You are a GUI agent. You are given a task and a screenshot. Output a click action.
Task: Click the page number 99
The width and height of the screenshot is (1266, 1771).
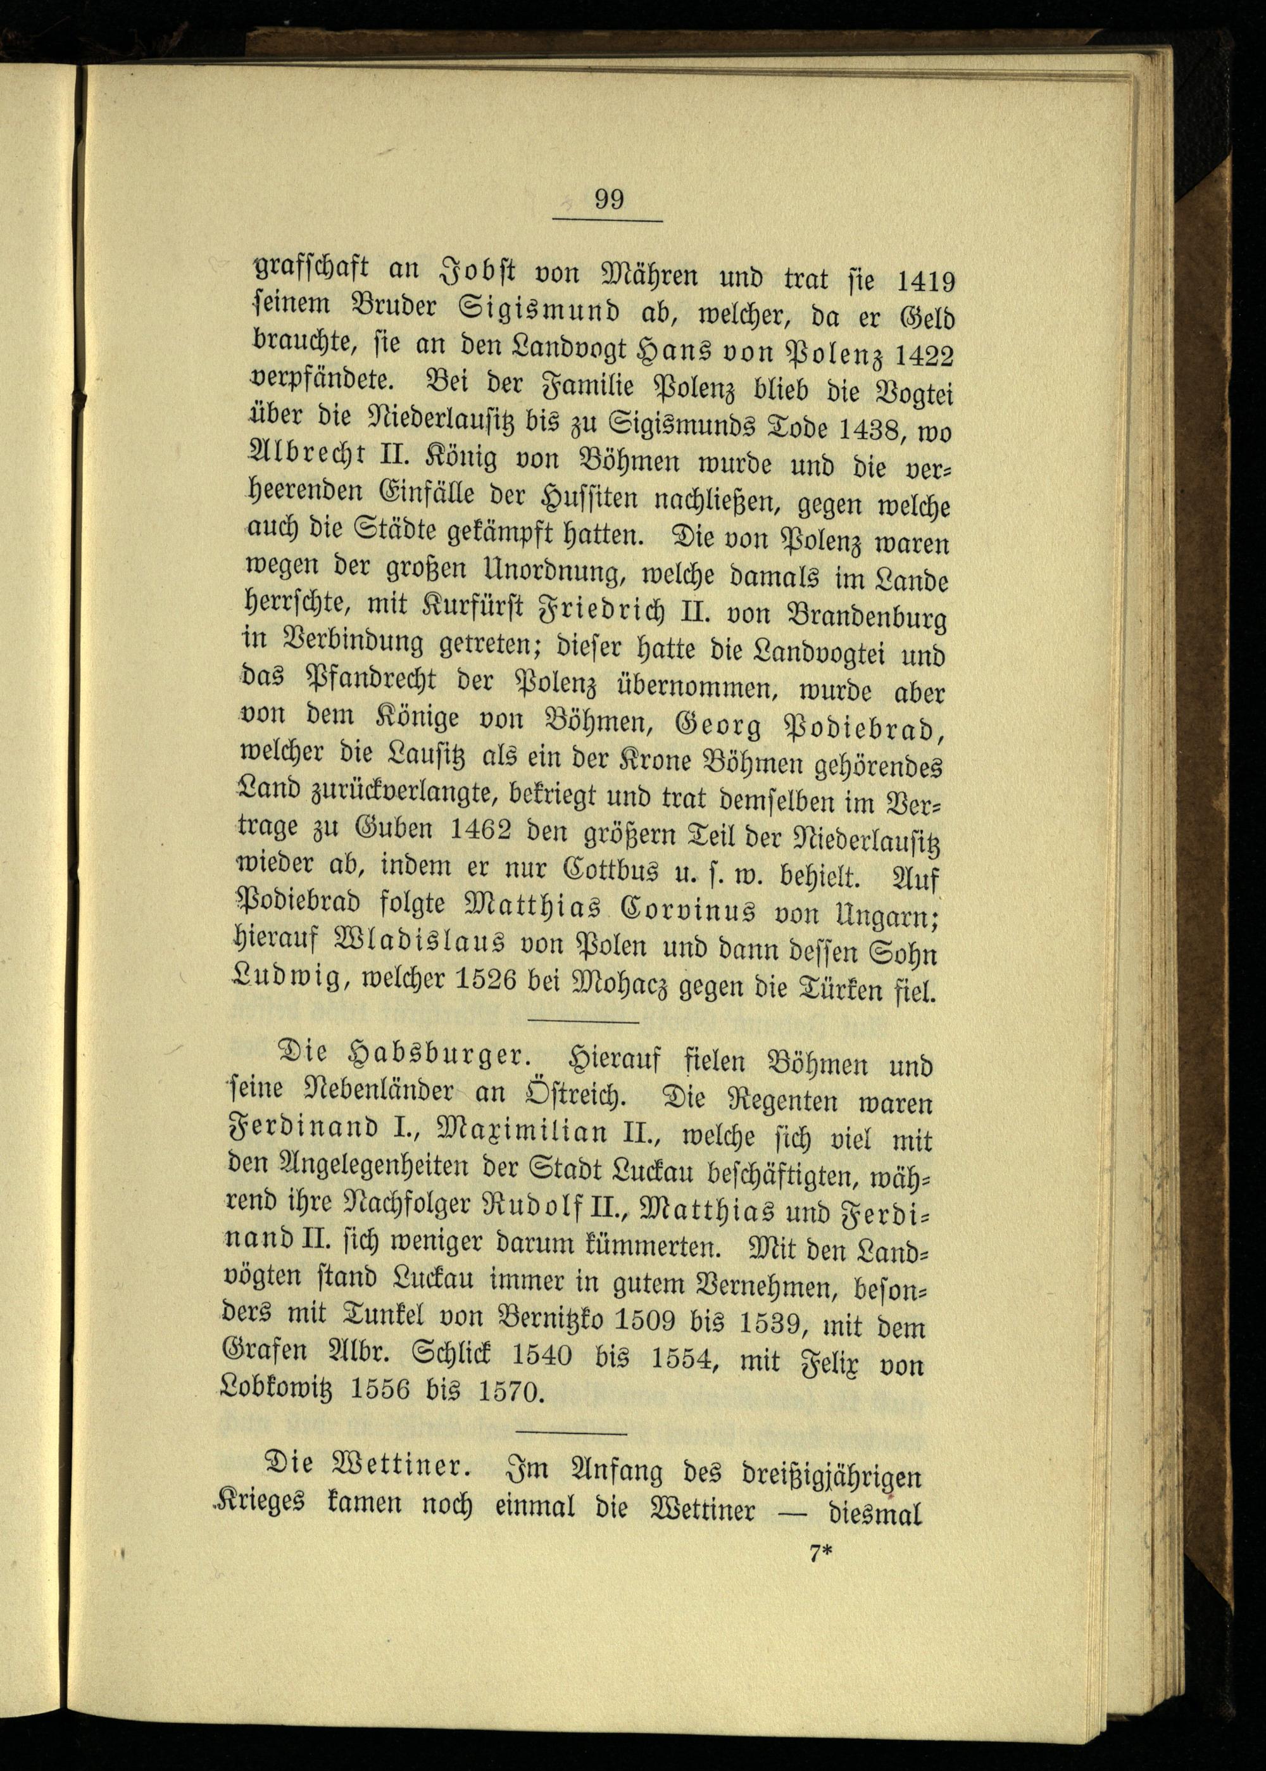[609, 199]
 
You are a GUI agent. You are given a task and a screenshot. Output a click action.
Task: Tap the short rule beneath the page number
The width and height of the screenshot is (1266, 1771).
[607, 222]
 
